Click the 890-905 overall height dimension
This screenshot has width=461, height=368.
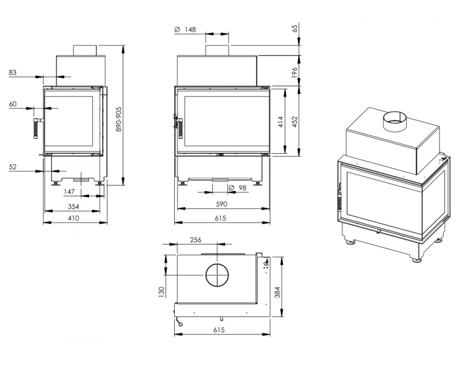pos(119,119)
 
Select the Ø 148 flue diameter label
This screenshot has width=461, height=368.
pos(185,30)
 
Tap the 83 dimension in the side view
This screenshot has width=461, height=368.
pos(13,73)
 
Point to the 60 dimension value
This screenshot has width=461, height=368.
pos(13,104)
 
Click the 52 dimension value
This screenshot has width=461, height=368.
pos(13,166)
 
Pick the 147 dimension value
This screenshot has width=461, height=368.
pos(69,192)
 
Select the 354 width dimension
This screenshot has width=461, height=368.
pos(73,207)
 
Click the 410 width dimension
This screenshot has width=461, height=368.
pos(73,218)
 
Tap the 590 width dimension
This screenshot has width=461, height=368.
pos(221,204)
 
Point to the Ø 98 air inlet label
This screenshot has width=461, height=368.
pos(237,187)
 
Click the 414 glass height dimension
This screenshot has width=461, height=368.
pos(280,122)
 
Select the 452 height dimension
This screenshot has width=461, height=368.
pos(295,122)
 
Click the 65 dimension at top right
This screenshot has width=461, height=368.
pos(295,28)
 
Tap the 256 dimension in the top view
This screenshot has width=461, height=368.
pos(196,240)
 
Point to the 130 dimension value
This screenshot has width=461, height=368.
pos(161,292)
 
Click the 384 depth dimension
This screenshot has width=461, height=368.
pos(277,292)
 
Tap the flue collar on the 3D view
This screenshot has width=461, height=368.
pos(395,121)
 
